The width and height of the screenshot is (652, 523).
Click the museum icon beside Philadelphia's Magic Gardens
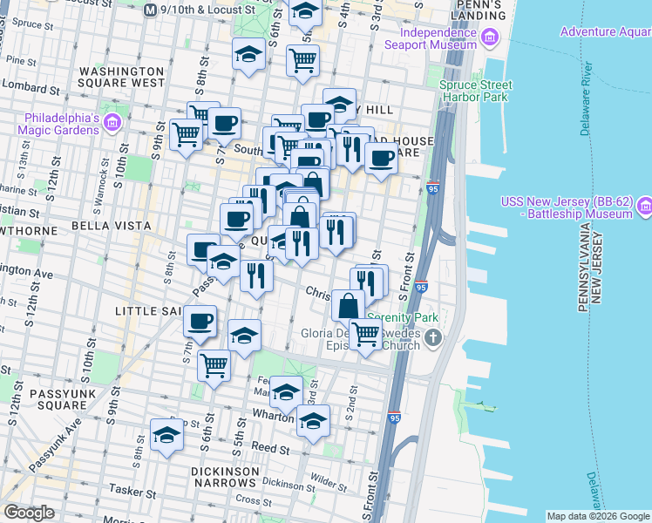coord(112,123)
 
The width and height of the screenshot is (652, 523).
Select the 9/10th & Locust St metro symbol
coord(151,9)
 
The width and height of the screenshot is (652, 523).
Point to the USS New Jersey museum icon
coord(645,207)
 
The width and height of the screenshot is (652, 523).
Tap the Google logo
coord(29,513)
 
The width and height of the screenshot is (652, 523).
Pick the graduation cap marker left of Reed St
coord(166,435)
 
